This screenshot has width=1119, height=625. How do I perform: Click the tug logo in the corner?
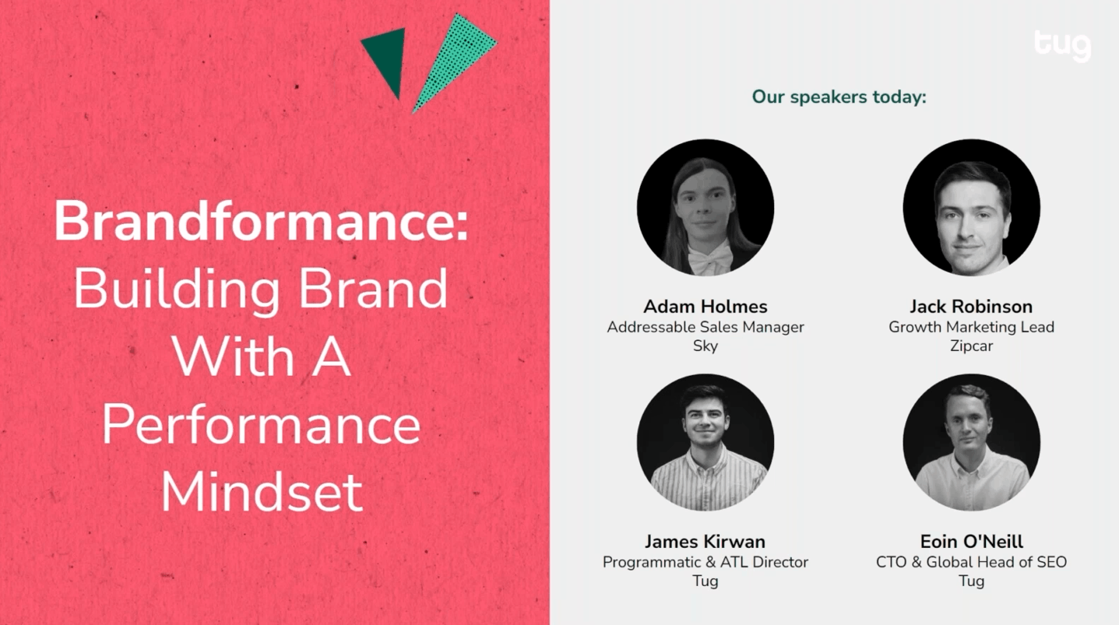click(x=1062, y=46)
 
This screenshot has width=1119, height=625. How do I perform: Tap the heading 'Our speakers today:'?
click(x=839, y=97)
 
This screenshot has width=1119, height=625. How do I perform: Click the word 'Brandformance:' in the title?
click(x=261, y=220)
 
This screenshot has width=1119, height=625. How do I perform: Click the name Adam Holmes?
click(x=706, y=306)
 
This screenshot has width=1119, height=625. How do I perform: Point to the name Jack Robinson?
click(x=971, y=306)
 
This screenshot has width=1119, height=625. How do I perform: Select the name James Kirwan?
click(x=706, y=541)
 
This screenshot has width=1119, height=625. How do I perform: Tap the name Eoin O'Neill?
click(x=972, y=541)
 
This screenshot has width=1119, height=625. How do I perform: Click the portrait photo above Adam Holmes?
click(x=706, y=208)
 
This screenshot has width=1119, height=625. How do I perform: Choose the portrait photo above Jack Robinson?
click(x=972, y=208)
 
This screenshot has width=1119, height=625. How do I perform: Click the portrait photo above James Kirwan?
click(x=706, y=443)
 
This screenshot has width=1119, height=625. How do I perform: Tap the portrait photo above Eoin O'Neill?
click(x=972, y=443)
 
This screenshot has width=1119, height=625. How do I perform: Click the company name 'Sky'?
click(x=706, y=346)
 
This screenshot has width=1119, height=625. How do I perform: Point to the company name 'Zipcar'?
click(x=972, y=346)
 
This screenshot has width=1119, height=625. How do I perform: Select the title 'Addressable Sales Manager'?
click(x=706, y=327)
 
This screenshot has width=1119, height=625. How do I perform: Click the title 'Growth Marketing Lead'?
click(x=972, y=327)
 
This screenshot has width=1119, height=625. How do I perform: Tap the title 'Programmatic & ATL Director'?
click(x=706, y=562)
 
